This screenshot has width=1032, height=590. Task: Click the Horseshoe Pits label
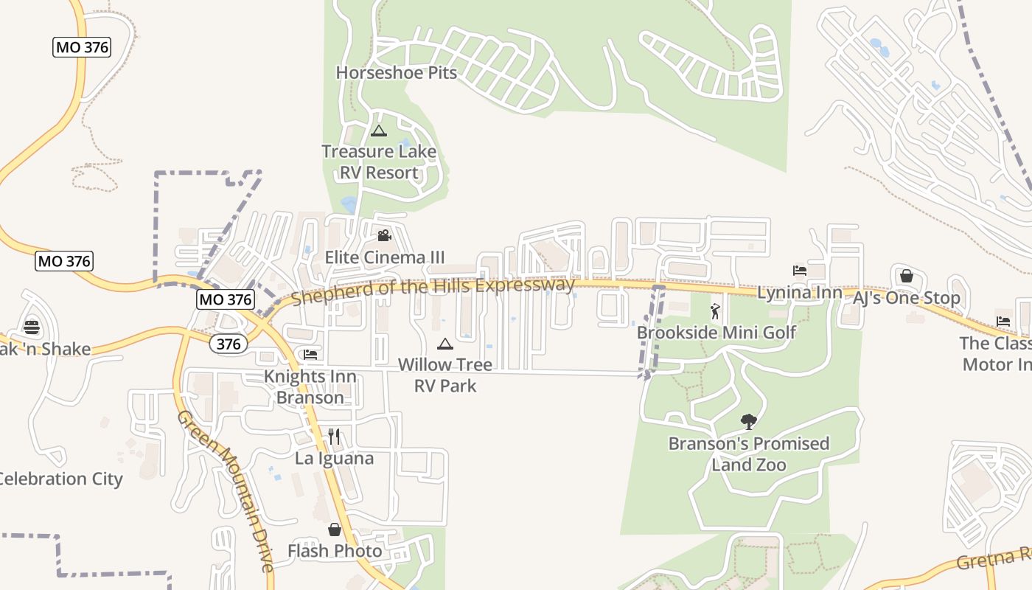[397, 72]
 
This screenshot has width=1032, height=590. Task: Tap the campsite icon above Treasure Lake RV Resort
[379, 131]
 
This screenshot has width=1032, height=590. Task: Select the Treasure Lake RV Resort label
[379, 162]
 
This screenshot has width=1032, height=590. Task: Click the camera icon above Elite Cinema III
[384, 236]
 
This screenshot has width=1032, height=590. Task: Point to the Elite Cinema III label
[385, 257]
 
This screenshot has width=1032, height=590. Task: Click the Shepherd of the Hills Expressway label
[433, 291]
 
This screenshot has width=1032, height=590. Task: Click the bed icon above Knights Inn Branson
[310, 355]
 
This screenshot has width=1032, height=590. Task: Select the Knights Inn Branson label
[310, 387]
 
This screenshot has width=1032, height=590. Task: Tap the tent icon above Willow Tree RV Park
[444, 344]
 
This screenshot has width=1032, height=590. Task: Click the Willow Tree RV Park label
[445, 375]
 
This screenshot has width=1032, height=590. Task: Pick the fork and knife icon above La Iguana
[334, 437]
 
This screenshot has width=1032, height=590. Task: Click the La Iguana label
[334, 458]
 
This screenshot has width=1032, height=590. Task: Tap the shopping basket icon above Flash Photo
[335, 530]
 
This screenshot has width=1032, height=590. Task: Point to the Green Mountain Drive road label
[226, 490]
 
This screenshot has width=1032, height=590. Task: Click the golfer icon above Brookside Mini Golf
[715, 311]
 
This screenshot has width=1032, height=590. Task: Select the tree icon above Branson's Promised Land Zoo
[749, 422]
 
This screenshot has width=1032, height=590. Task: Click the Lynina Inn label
[800, 293]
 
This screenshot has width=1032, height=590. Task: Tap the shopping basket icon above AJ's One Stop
[907, 276]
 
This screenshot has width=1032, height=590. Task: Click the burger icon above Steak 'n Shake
[31, 327]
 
